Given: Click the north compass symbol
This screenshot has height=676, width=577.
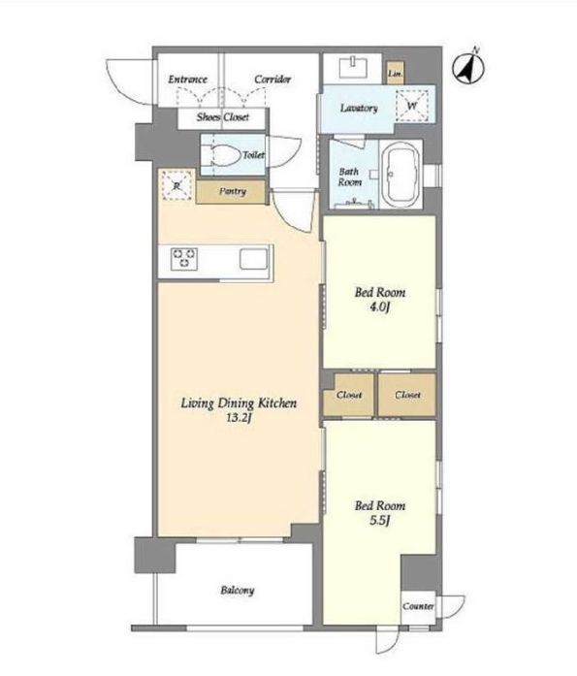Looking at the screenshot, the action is (x=468, y=67).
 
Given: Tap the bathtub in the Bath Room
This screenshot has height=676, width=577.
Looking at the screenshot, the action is (x=401, y=176).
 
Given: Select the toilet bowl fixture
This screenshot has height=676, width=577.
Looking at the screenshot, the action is (x=225, y=154).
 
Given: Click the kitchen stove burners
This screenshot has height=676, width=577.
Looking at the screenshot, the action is (x=184, y=259).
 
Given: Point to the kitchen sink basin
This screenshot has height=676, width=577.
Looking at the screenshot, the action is (x=254, y=259).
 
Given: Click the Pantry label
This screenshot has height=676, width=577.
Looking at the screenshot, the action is (x=233, y=191).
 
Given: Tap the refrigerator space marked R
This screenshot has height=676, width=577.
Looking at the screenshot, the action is (x=176, y=185).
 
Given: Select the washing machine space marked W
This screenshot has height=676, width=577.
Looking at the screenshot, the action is (x=412, y=106).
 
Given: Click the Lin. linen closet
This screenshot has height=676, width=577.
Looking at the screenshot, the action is (x=395, y=73).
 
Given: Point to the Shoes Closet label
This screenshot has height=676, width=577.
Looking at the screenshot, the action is (x=223, y=116).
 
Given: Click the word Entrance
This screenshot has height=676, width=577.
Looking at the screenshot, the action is (x=187, y=80).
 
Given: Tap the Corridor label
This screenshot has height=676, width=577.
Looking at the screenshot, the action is (x=272, y=79).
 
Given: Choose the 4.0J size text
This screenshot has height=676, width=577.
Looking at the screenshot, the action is (x=379, y=307).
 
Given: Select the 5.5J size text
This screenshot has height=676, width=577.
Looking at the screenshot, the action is (x=379, y=521).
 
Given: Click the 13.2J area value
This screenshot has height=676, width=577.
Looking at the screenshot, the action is (x=239, y=417).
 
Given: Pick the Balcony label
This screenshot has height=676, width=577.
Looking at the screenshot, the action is (x=238, y=590).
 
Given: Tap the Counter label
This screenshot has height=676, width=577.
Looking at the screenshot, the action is (x=418, y=606).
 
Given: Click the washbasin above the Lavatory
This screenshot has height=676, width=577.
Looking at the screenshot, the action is (x=353, y=67).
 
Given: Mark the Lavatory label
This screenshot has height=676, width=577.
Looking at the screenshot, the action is (x=359, y=108).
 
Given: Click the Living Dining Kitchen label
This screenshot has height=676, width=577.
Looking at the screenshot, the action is (x=239, y=403).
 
